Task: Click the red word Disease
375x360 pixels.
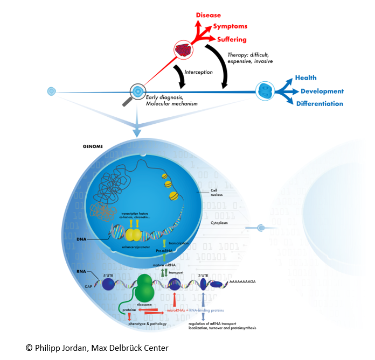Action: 208,15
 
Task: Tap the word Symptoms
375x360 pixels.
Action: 230,26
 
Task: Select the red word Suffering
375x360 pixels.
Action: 232,39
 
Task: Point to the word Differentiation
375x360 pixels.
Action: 320,104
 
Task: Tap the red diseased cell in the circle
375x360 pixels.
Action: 184,51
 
